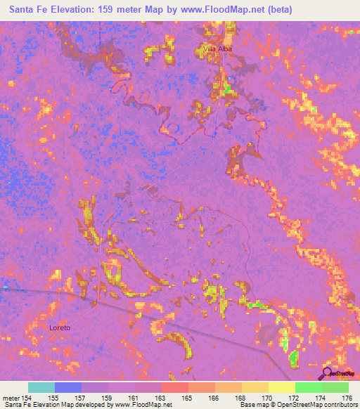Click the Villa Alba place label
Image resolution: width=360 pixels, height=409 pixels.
click(x=217, y=48)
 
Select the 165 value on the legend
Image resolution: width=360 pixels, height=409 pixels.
click(x=188, y=398)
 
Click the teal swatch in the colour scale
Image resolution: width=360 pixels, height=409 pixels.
click(x=41, y=387)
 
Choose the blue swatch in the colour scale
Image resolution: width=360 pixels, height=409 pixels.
click(x=68, y=387)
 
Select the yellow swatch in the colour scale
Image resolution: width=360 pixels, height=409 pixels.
click(x=281, y=387)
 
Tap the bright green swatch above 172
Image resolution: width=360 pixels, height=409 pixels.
click(x=308, y=387)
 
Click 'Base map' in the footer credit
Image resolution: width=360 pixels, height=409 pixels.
click(x=254, y=405)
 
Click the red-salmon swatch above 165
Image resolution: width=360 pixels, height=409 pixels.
click(x=174, y=387)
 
